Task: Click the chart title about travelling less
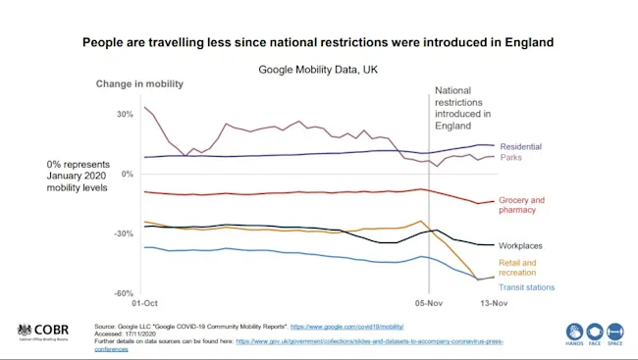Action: point(318,43)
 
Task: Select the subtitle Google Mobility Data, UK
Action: point(317,70)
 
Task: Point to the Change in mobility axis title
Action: point(139,84)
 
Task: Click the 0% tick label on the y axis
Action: point(126,174)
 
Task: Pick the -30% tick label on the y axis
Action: point(122,233)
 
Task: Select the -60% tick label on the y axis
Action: point(122,293)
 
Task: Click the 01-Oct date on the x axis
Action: point(144,305)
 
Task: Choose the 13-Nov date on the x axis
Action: point(494,305)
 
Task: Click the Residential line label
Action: point(520,146)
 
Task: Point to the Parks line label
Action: point(510,158)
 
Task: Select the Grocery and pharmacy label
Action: point(521,205)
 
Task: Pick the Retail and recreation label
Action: point(518,268)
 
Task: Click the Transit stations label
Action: point(527,287)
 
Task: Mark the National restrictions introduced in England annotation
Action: point(465,107)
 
